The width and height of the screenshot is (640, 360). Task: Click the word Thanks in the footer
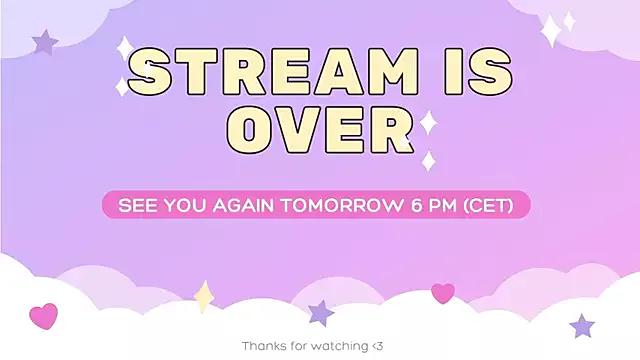pyautogui.click(x=263, y=345)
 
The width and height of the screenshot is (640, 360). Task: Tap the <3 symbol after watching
pyautogui.click(x=376, y=345)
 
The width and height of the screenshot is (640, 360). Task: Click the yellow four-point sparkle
pyautogui.click(x=204, y=296)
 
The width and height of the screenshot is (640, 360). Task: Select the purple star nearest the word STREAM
pyautogui.click(x=45, y=42)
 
